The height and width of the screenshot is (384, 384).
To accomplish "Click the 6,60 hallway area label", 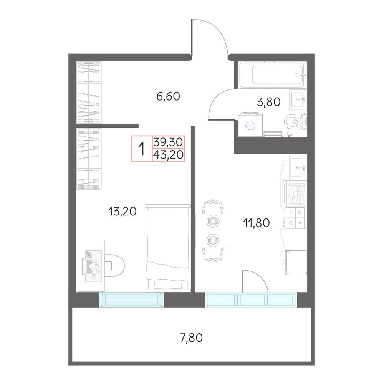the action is [x=168, y=96].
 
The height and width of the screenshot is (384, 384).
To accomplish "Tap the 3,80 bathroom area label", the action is [x=269, y=102].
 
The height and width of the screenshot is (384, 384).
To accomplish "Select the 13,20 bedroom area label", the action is [x=122, y=211].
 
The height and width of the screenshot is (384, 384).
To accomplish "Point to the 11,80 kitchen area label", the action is [x=257, y=223].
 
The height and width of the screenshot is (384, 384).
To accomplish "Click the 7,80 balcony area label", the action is [x=191, y=338].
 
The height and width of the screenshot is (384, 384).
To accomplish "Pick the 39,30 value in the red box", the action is [x=169, y=142].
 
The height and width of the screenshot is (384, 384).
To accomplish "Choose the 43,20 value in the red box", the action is [x=169, y=155].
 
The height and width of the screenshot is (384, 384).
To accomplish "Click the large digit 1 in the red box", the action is [x=142, y=148].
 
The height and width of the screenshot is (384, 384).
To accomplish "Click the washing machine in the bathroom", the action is [x=250, y=124].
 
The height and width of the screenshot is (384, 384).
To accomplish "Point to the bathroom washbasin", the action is [x=298, y=99].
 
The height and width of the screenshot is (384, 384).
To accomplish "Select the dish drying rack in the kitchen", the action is [x=296, y=194].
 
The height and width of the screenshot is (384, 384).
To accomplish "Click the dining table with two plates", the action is [x=213, y=231].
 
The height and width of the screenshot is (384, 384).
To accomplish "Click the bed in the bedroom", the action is [x=168, y=248].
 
